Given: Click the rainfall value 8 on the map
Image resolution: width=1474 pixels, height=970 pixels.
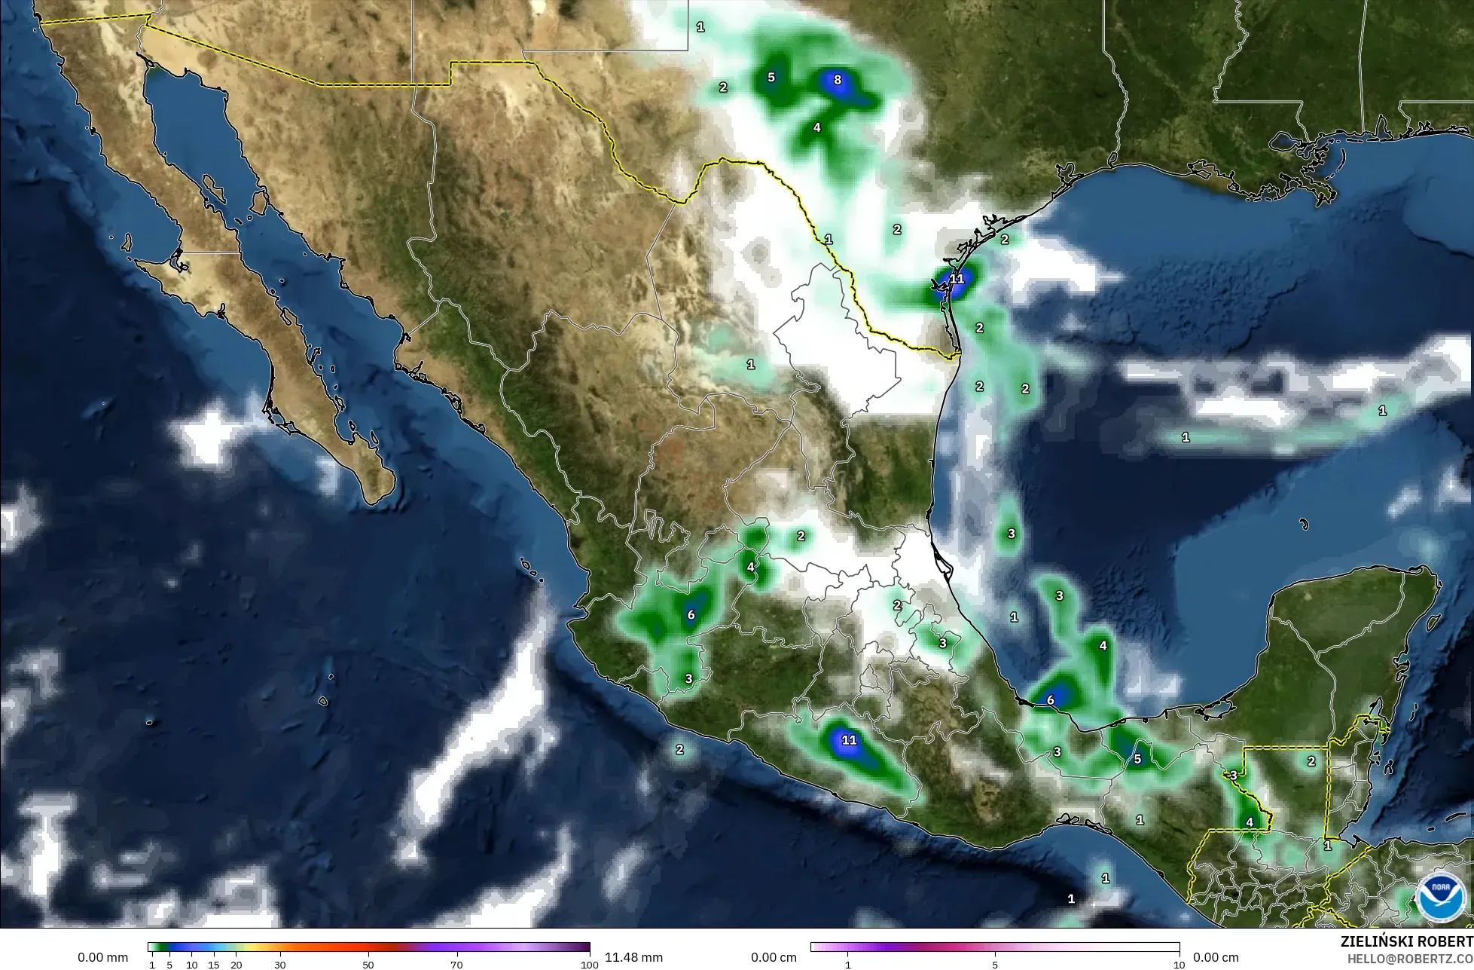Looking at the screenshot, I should coord(837,80).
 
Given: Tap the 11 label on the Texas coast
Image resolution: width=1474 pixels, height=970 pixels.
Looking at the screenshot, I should coord(957,279).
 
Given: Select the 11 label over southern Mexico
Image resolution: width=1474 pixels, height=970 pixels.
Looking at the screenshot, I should coord(849,740).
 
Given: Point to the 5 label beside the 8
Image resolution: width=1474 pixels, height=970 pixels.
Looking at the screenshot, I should coord(771,78).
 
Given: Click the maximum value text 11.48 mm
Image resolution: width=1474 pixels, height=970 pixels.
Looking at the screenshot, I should coord(633,957).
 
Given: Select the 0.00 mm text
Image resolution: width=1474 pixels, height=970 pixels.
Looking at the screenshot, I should coord(103,957).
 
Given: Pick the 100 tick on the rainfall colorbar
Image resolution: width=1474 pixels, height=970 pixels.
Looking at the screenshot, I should coord(590,965).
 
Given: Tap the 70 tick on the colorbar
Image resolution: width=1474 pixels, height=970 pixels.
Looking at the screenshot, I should coord(457,965).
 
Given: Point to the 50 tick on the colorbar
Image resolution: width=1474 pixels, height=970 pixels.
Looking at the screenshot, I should coord(368,965).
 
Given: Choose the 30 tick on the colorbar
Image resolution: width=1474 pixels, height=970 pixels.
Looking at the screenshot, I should coord(280,965).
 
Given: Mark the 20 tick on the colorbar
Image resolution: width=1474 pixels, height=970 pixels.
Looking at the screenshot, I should coord(236,965).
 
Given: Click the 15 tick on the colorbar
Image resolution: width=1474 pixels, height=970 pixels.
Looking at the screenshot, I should coord(214,965).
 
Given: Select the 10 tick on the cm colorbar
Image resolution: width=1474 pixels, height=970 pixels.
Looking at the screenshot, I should coord(1179,965).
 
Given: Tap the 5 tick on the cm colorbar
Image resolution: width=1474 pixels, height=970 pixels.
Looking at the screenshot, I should coord(995,965).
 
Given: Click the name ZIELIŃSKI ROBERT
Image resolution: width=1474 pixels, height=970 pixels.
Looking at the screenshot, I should coord(1407,941).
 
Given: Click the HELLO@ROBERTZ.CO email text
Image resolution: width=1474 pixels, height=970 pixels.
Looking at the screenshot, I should coord(1410,958).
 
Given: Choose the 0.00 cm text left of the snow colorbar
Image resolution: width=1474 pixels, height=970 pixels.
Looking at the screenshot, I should coord(774,957).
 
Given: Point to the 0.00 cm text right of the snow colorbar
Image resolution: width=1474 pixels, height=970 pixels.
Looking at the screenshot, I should coord(1216,957).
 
